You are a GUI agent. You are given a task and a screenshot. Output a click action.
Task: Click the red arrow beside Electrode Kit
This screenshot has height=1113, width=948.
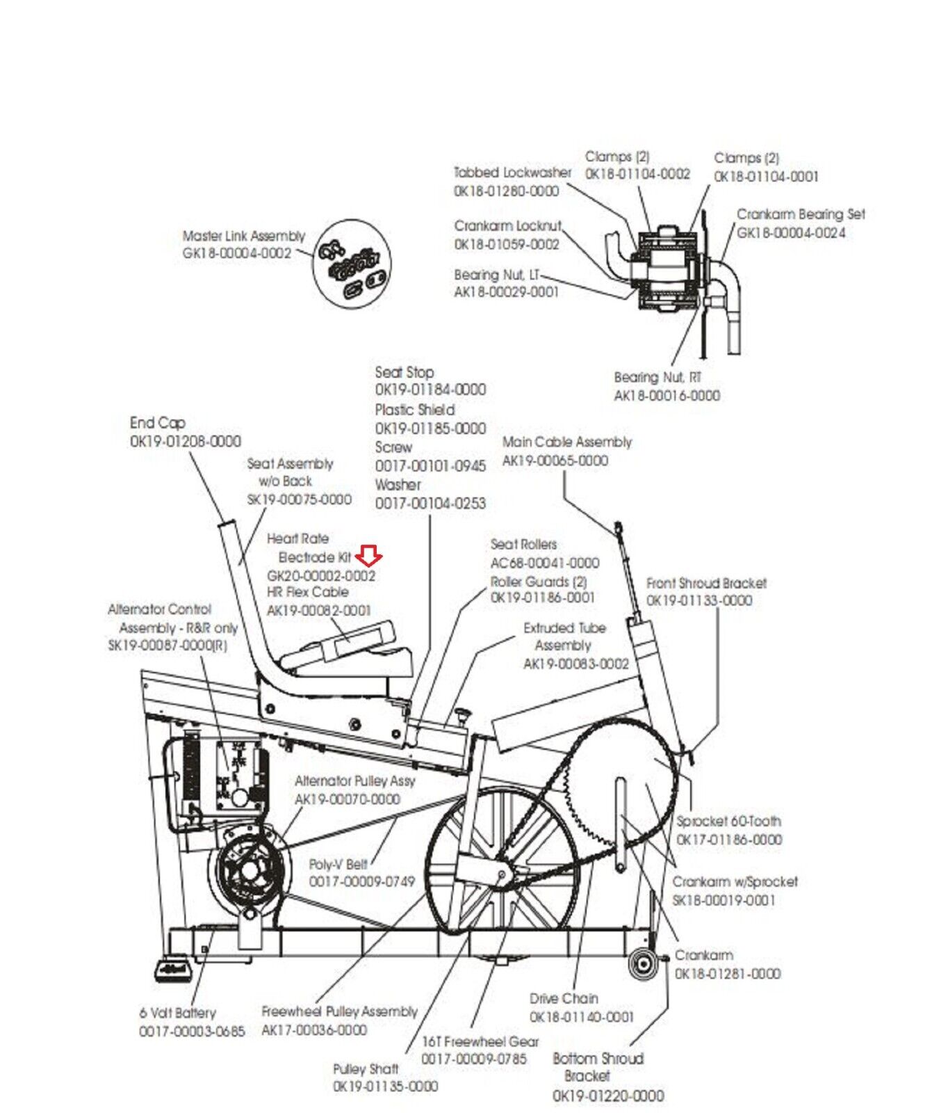click(368, 555)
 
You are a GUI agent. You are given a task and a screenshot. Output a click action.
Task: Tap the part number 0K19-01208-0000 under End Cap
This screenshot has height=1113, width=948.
click(185, 441)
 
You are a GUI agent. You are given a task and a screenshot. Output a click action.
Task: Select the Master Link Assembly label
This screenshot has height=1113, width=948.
click(243, 236)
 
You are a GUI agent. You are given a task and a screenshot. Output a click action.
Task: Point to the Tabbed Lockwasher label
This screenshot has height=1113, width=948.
click(512, 172)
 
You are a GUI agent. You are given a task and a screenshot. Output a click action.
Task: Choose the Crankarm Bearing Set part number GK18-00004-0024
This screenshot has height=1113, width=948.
click(791, 233)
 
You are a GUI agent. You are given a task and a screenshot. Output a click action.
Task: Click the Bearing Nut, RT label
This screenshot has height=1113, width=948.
click(657, 377)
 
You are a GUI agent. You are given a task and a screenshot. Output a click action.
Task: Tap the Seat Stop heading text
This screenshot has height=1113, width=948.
click(404, 372)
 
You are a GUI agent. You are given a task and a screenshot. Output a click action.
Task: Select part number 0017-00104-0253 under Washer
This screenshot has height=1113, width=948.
click(430, 503)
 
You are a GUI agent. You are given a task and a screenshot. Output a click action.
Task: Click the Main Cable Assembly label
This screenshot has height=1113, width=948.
click(566, 442)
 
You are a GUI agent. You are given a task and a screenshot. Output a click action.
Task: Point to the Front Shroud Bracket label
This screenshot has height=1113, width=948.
click(706, 583)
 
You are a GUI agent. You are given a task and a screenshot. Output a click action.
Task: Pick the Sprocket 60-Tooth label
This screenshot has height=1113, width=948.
click(728, 821)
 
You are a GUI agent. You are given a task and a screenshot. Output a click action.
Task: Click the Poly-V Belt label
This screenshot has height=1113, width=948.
click(338, 864)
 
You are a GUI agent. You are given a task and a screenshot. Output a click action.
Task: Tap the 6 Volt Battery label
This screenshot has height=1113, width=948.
click(177, 1013)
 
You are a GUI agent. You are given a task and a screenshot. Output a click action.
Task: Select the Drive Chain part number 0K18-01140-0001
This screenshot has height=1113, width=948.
click(581, 1017)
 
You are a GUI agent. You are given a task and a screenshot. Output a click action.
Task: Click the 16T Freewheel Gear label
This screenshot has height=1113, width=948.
click(480, 1041)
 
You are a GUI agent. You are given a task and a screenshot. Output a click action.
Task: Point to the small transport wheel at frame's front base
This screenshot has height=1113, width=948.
click(643, 964)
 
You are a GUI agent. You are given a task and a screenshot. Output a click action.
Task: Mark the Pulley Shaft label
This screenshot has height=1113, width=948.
click(365, 1068)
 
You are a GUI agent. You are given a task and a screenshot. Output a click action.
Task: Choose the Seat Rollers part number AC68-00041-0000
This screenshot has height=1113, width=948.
click(544, 563)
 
